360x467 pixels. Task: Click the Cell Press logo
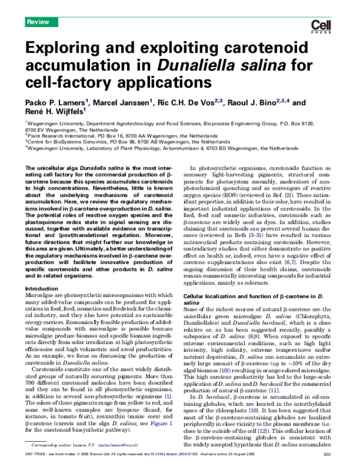325,25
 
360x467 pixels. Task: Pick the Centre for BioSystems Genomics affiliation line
133,142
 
